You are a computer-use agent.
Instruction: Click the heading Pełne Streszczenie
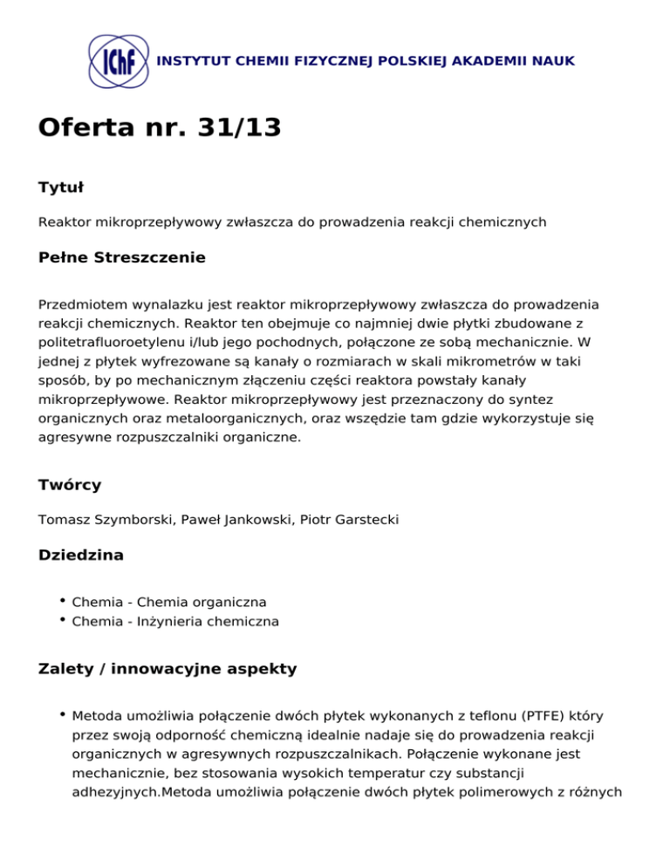click(122, 257)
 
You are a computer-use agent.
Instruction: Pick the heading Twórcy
click(70, 484)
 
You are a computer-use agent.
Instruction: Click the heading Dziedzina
click(80, 555)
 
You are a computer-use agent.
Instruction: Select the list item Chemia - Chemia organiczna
click(169, 602)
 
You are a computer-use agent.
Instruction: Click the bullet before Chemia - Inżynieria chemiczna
click(63, 620)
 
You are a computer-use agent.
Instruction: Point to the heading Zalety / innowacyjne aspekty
click(167, 669)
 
